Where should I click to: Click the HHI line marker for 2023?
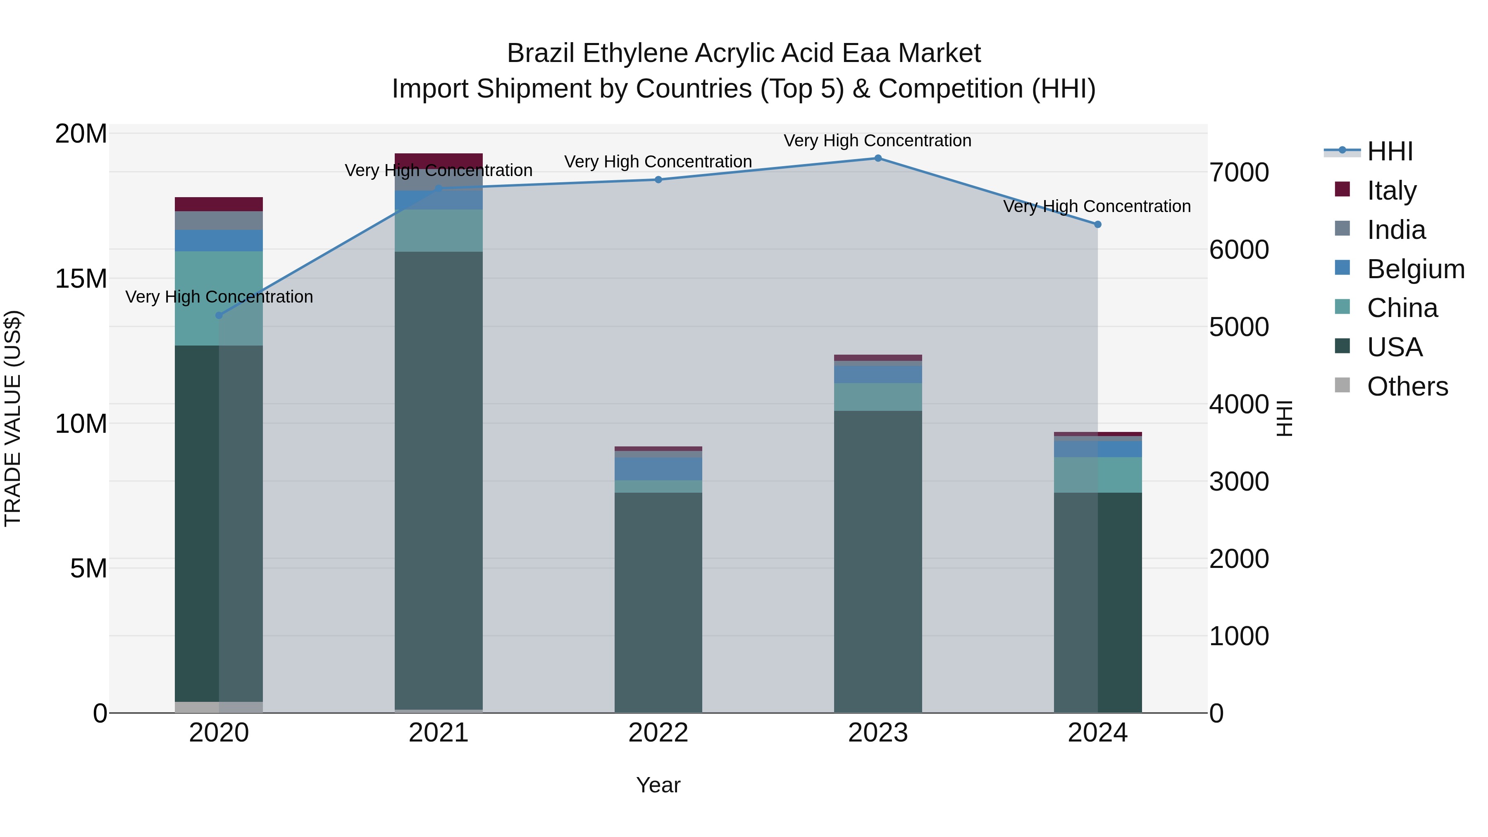878,158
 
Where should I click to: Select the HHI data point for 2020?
219,315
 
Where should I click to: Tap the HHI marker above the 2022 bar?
658,180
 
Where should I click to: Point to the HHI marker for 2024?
1097,225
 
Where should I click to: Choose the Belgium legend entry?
1415,269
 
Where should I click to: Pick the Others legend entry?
1407,386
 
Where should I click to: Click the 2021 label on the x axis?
439,733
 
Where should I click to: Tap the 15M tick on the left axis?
81,279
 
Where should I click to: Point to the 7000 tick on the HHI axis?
1240,173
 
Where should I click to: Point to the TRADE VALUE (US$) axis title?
13,418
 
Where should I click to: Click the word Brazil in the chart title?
541,54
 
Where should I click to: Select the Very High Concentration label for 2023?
878,141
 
